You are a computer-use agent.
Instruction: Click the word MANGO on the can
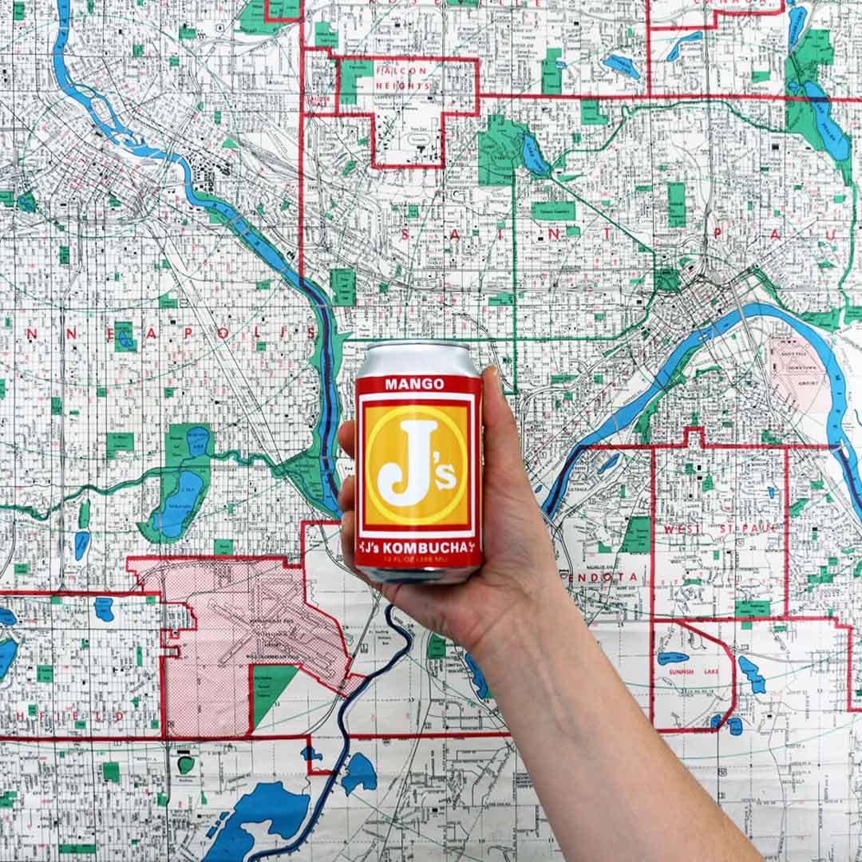pyautogui.click(x=414, y=384)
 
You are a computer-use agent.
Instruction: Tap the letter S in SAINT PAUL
pyautogui.click(x=405, y=234)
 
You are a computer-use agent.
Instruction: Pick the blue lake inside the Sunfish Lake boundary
pyautogui.click(x=672, y=658)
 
